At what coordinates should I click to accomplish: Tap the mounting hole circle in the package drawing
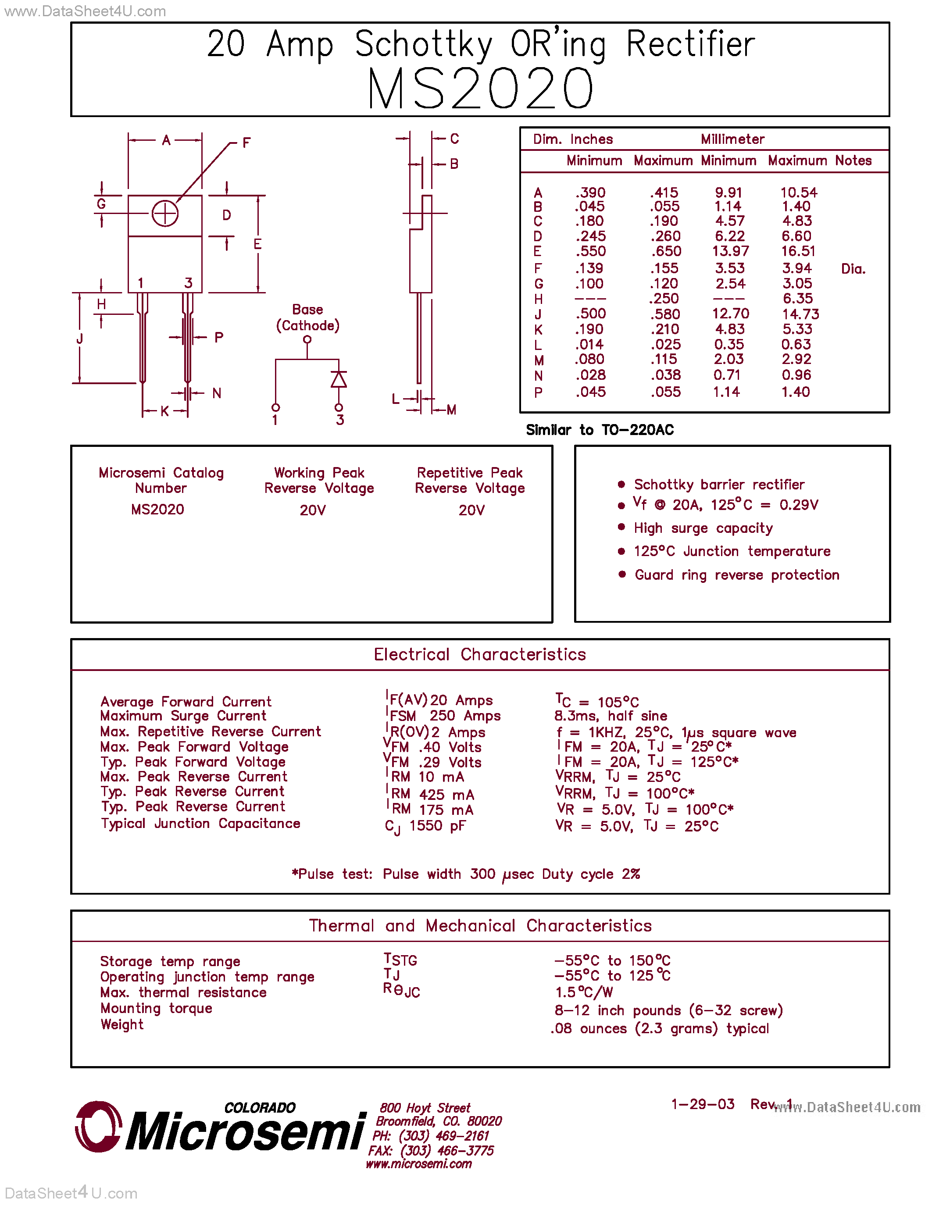click(164, 214)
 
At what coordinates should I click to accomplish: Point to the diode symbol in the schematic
click(339, 379)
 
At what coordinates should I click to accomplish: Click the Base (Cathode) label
click(307, 318)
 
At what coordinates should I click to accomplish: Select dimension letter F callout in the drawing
click(246, 143)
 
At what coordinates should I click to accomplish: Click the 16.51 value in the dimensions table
click(798, 251)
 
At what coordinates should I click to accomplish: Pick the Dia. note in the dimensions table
click(853, 269)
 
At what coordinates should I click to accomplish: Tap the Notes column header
click(853, 161)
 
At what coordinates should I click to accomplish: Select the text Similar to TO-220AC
click(600, 430)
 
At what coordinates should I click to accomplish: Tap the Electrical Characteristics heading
click(479, 654)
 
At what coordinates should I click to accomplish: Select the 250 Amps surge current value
click(465, 716)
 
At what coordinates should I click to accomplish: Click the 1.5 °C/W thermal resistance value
click(584, 992)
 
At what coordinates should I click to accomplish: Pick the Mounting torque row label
click(156, 1009)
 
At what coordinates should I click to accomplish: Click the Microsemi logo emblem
click(98, 1127)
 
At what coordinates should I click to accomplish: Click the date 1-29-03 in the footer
click(702, 1104)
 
